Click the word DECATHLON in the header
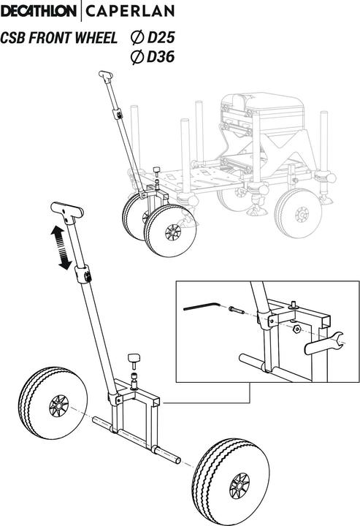(x=41, y=12)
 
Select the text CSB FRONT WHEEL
(x=58, y=38)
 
